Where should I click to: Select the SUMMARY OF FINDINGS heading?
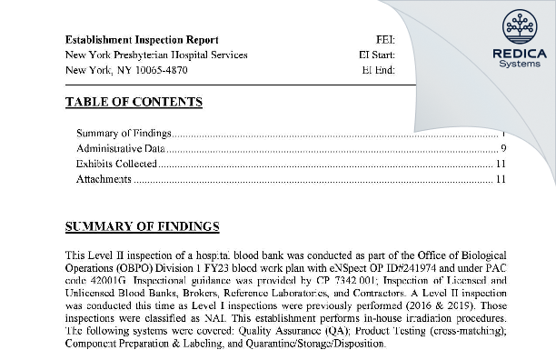coord(143,226)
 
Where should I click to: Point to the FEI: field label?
coord(384,41)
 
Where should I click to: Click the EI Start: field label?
coord(377,55)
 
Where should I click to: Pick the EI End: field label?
coord(379,69)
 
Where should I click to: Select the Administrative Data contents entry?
coord(121,149)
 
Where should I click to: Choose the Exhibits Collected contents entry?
coord(117,165)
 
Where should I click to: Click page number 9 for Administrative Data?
coord(502,149)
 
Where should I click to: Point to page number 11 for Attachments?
coord(501,179)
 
